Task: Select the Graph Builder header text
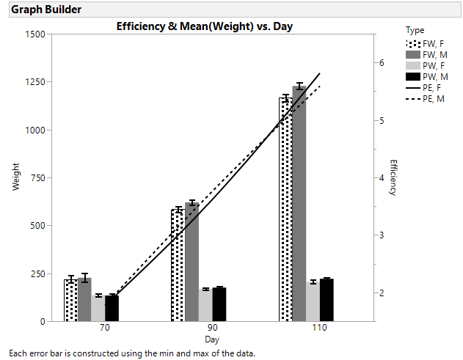(x=46, y=10)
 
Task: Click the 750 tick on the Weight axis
(x=37, y=177)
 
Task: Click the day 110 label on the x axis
(x=320, y=329)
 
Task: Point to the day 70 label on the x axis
(x=104, y=329)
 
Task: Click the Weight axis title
(x=16, y=178)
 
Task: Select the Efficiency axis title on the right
(x=393, y=177)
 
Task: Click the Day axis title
(x=211, y=340)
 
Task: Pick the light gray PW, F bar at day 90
(x=205, y=305)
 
